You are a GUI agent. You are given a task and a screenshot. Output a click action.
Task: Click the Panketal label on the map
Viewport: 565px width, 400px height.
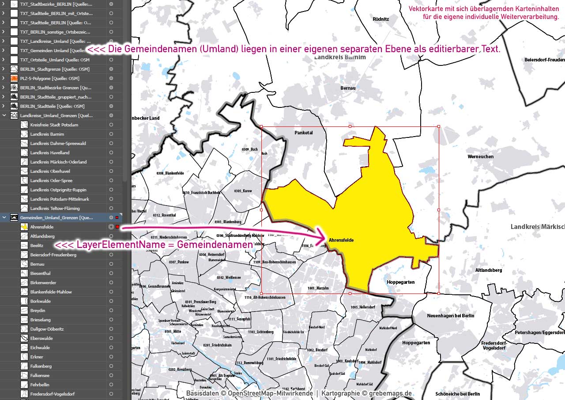[303, 133]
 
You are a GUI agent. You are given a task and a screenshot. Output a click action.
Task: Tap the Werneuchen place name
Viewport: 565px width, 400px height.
[481, 156]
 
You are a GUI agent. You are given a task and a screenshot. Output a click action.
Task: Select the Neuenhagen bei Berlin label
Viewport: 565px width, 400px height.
[450, 316]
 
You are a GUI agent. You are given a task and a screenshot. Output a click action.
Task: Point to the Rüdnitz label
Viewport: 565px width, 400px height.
[380, 19]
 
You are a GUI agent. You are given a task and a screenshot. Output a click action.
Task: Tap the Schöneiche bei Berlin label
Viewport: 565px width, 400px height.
[457, 394]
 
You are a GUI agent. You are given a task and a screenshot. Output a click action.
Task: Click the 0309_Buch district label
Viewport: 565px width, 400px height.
[249, 149]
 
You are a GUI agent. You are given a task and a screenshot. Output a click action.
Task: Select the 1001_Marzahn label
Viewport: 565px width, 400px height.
[318, 288]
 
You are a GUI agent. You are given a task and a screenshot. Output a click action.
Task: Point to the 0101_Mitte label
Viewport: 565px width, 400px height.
[173, 331]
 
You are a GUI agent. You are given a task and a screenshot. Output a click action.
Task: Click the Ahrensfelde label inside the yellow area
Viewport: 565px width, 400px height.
[341, 240]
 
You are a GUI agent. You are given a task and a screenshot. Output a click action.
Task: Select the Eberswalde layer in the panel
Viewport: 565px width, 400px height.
[41, 338]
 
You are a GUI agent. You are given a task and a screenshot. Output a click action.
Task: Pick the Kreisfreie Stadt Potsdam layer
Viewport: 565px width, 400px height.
[54, 125]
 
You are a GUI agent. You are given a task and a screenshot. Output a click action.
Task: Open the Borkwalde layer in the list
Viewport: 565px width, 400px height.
[41, 301]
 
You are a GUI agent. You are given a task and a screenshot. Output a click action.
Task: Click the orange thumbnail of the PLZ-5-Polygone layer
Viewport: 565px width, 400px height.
[14, 78]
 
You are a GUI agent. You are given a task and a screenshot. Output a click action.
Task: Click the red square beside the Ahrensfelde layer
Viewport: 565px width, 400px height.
[117, 227]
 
